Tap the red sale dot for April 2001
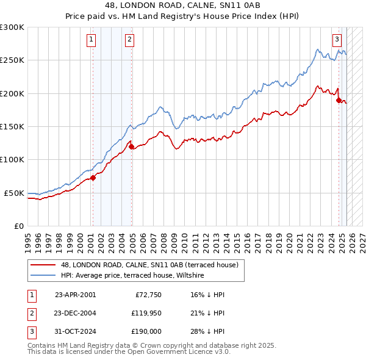(x=93, y=178)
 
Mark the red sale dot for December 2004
(x=131, y=146)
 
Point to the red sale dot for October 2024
(x=339, y=101)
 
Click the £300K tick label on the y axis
(x=12, y=27)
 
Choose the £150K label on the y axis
(x=12, y=126)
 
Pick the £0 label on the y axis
(x=18, y=226)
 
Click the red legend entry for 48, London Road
(x=152, y=265)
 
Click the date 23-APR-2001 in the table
(x=75, y=295)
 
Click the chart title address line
(x=183, y=5)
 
